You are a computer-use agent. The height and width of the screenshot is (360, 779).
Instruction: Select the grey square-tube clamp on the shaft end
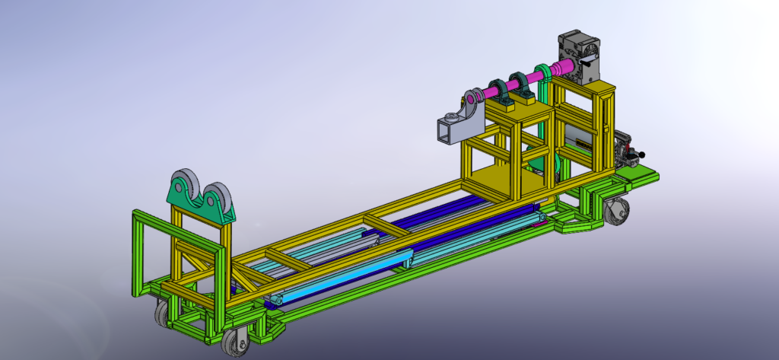(x=457, y=126)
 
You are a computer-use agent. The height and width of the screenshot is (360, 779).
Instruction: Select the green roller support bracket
(x=199, y=209)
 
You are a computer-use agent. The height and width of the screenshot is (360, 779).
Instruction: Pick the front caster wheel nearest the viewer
(x=235, y=343)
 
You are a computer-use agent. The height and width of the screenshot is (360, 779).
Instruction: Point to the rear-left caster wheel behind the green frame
(x=163, y=313)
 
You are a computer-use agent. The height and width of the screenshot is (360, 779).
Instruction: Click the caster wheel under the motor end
(x=618, y=209)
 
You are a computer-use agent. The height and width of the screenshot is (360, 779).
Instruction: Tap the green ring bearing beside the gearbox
(x=543, y=74)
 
